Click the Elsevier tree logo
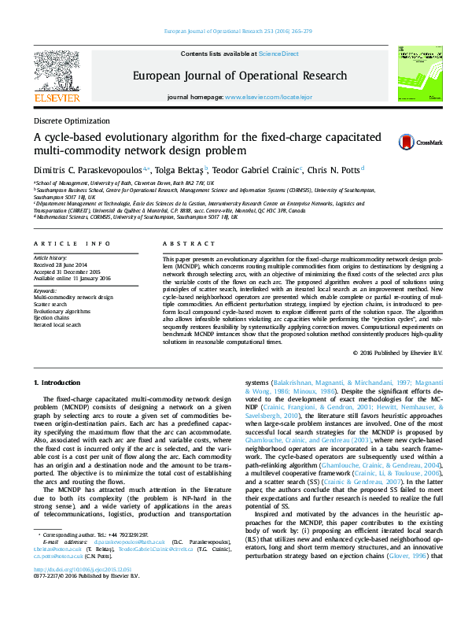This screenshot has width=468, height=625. coord(56,76)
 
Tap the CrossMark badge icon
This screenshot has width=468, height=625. coord(406,142)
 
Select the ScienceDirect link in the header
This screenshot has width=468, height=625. coord(279,54)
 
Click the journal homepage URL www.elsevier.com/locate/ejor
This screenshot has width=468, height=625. coord(263,96)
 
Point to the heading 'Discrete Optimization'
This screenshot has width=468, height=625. coord(72,121)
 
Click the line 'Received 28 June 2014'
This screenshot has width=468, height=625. coord(62,264)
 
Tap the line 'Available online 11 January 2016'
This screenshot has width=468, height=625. coord(72,277)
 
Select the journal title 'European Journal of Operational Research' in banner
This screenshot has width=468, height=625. coord(239,76)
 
